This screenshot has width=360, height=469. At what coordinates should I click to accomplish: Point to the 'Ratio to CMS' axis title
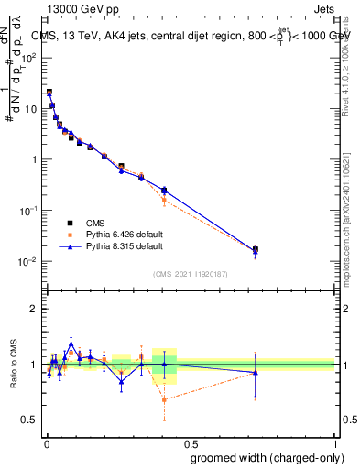coord(12,365)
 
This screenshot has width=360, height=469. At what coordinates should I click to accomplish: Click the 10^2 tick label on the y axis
coord(29,57)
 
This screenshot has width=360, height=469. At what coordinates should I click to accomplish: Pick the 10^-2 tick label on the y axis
coord(29,262)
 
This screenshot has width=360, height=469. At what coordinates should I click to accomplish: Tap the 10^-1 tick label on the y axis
coord(29,211)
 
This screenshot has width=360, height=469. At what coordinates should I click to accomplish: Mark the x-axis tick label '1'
coord(335,442)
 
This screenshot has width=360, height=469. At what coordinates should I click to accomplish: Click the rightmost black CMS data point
coord(256,249)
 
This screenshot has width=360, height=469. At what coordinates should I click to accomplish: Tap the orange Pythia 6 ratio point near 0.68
coord(164,399)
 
